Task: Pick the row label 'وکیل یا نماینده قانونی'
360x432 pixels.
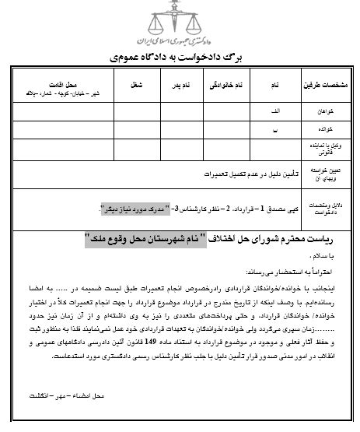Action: [x=330, y=149]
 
